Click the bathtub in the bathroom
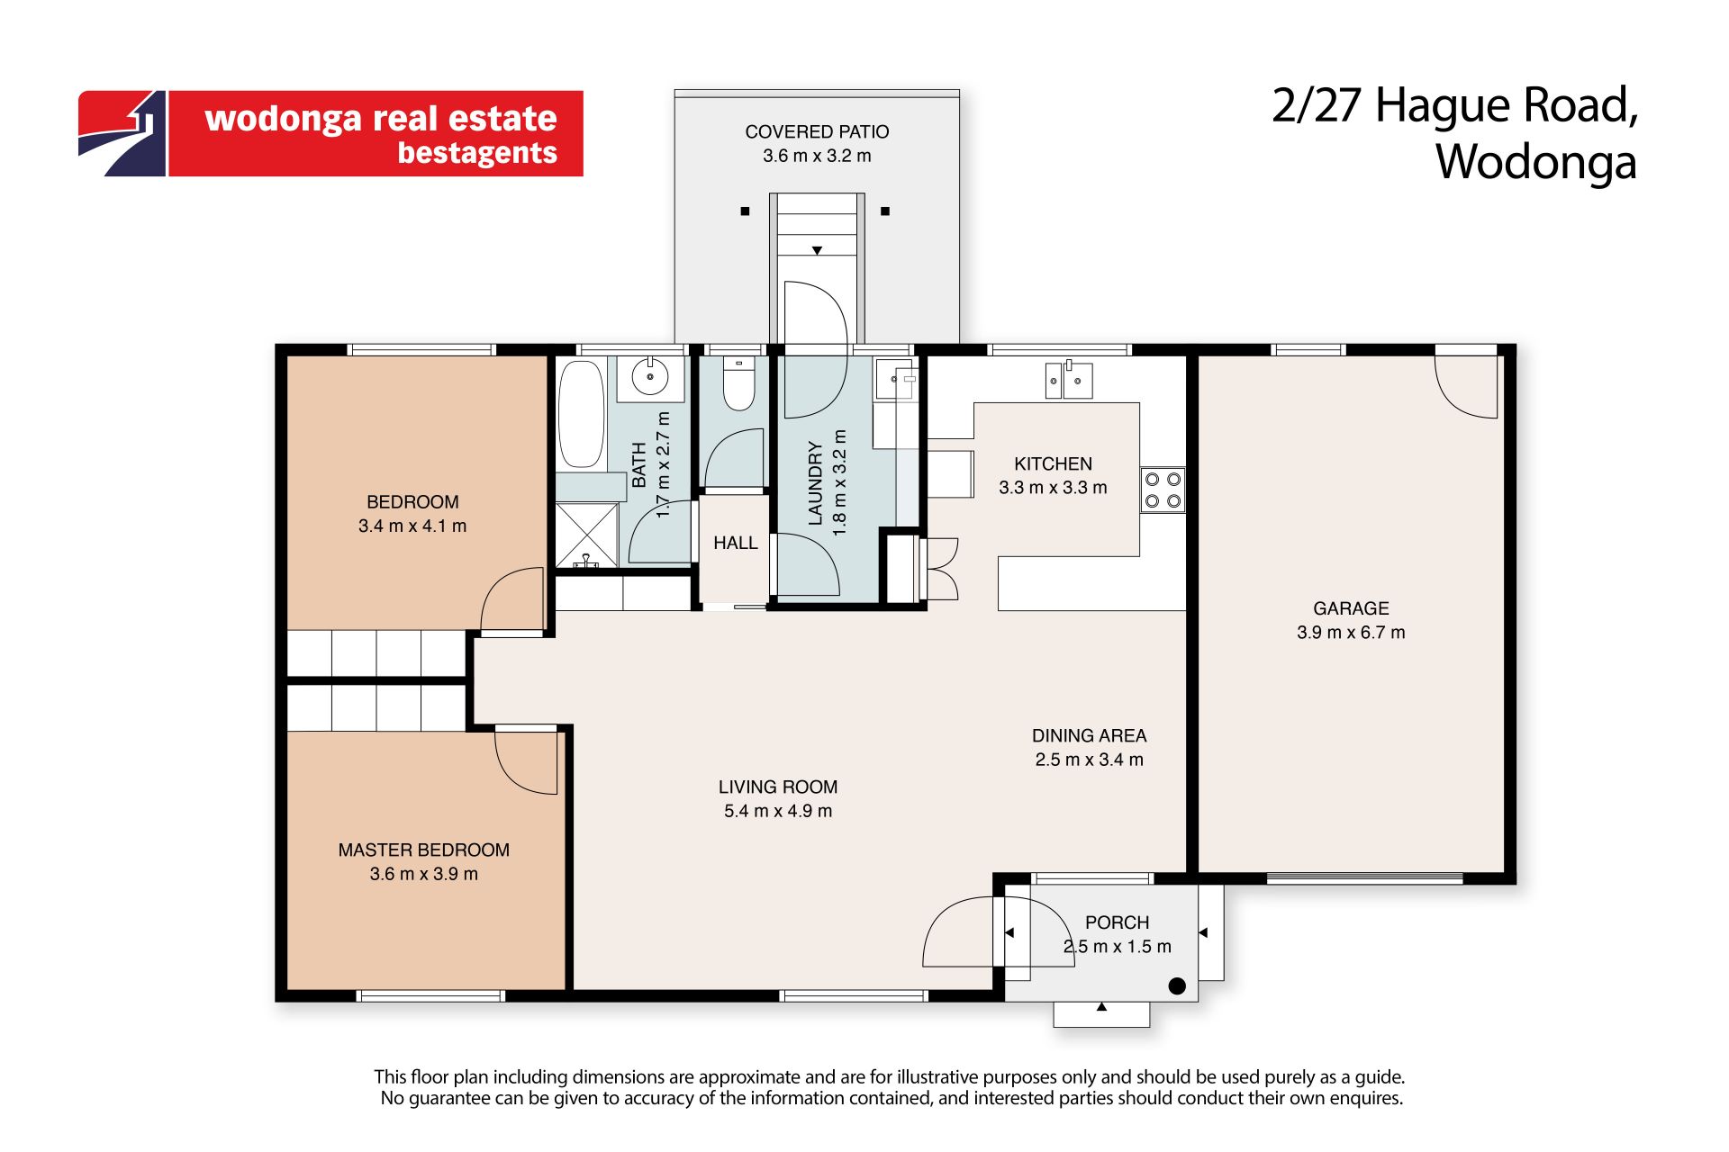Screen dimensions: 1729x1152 (581, 414)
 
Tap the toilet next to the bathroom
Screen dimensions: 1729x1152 (738, 384)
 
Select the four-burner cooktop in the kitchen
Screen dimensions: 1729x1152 (1163, 490)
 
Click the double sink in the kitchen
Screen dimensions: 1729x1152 (1068, 380)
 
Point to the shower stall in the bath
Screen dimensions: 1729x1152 (586, 535)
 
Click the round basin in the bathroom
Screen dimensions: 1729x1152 (650, 377)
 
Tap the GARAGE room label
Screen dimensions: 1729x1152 (1351, 608)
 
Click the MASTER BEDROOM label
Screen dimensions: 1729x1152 (424, 850)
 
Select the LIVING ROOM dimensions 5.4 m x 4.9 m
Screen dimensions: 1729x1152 (778, 811)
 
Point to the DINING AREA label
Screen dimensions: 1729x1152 (1089, 735)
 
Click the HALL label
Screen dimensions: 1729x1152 (736, 543)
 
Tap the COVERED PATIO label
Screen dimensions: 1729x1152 (817, 131)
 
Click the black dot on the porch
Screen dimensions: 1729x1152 (1177, 985)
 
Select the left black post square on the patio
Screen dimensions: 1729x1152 (745, 211)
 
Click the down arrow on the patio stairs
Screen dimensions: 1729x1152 (817, 251)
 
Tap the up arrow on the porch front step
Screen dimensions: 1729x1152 (1101, 1007)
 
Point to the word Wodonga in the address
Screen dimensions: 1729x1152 (1535, 162)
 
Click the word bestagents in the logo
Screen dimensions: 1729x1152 (477, 153)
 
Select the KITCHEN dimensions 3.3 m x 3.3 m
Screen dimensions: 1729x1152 (1053, 488)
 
